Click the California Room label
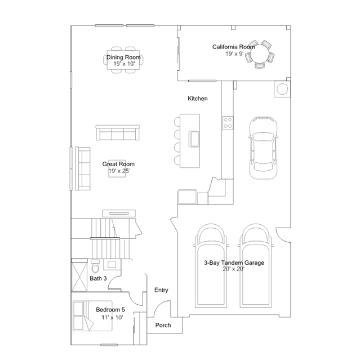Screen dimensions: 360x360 pyautogui.click(x=233, y=47)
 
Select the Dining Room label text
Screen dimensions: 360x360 pyautogui.click(x=123, y=57)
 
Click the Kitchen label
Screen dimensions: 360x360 pyautogui.click(x=197, y=99)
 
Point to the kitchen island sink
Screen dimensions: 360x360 pyautogui.click(x=194, y=139)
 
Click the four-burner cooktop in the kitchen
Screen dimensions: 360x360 pyautogui.click(x=228, y=123)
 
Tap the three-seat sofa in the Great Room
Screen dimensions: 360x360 pyautogui.click(x=118, y=133)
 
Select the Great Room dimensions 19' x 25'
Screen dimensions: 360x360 pyautogui.click(x=119, y=171)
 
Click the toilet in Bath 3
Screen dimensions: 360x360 pyautogui.click(x=95, y=266)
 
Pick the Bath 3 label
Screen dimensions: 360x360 pyautogui.click(x=98, y=278)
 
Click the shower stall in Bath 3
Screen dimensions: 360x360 pyautogui.click(x=79, y=275)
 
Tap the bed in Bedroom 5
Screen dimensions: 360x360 pyautogui.click(x=92, y=316)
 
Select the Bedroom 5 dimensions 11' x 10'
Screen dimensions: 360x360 pyautogui.click(x=112, y=318)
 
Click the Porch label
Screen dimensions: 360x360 pyautogui.click(x=163, y=325)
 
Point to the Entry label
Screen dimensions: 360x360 pyautogui.click(x=161, y=290)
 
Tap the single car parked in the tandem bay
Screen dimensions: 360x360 pyautogui.click(x=263, y=148)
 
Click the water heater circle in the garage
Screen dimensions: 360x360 pyautogui.click(x=282, y=89)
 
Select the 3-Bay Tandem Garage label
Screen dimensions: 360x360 pyautogui.click(x=234, y=263)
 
